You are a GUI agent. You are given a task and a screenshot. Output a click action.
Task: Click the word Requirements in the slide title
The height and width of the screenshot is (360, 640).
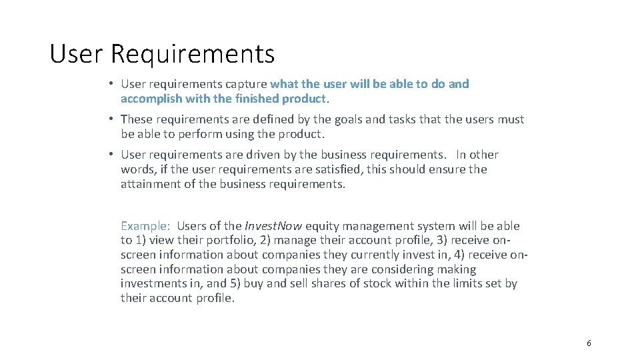click(193, 53)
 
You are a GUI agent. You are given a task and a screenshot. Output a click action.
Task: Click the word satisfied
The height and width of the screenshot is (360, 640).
click(298, 169)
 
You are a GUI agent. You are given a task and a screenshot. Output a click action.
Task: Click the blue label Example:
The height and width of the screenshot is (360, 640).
click(145, 226)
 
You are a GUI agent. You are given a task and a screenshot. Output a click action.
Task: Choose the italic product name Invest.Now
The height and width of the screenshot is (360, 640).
click(273, 226)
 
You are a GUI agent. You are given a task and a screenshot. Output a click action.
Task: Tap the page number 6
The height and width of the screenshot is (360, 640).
click(589, 343)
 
